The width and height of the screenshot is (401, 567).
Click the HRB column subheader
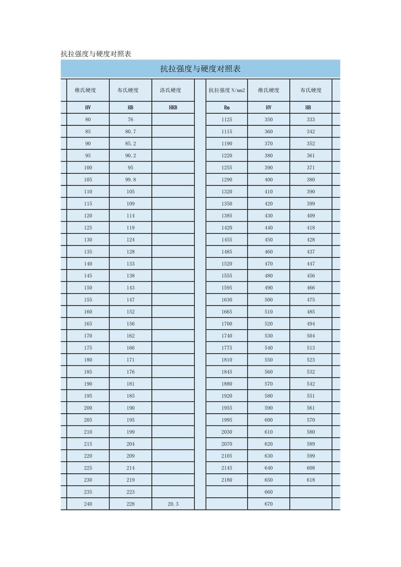173,108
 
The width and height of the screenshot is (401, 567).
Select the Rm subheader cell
227,108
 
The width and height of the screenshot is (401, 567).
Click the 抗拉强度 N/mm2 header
227,90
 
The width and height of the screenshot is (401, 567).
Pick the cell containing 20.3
173,504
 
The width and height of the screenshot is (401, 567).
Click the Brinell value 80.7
130,132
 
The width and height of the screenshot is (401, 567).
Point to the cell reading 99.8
130,179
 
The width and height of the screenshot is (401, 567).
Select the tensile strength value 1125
227,119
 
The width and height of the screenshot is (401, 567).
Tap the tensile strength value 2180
227,480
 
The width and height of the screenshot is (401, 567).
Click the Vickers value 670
268,504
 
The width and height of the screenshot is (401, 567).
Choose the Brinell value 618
310,480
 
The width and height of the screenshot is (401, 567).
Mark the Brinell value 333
310,119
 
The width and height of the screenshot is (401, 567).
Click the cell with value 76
130,119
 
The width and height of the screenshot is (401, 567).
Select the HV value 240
88,504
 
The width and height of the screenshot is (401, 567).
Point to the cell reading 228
130,504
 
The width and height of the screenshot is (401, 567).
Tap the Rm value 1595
227,287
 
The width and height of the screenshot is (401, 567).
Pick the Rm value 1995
227,420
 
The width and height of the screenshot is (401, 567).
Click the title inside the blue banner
200,69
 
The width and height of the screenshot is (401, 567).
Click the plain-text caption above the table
96,54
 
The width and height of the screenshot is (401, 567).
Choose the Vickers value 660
268,492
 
